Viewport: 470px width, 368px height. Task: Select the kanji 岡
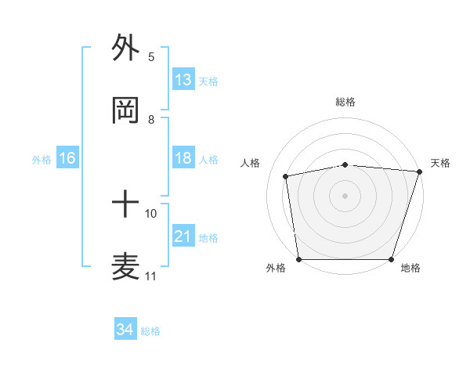(x=126, y=111)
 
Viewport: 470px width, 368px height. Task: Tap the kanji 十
(x=126, y=206)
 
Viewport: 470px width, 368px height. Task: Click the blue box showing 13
(x=183, y=79)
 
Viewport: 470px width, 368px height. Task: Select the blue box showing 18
(x=183, y=158)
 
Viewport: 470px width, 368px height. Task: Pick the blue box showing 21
(x=183, y=236)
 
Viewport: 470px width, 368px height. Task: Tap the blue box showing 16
(x=67, y=158)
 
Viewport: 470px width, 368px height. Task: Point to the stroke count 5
(x=151, y=57)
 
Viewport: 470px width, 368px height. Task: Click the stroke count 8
(x=151, y=120)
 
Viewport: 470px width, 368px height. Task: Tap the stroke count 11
(x=151, y=276)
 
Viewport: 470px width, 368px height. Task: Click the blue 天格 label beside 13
(x=208, y=81)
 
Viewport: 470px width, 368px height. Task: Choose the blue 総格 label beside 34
(x=150, y=331)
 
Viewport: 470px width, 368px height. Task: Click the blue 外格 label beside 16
(x=42, y=160)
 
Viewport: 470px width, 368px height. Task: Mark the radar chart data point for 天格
(x=419, y=171)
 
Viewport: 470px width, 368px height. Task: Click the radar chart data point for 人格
(x=287, y=176)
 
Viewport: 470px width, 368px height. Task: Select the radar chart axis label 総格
(x=345, y=102)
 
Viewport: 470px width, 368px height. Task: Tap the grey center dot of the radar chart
(x=345, y=195)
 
